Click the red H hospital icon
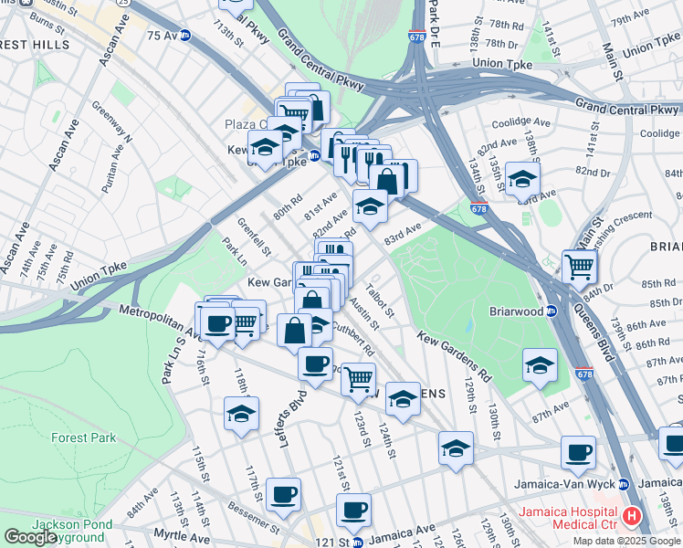pyautogui.click(x=631, y=518)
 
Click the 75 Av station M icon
pyautogui.click(x=185, y=36)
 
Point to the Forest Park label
pyautogui.click(x=83, y=437)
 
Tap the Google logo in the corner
pyautogui.click(x=31, y=537)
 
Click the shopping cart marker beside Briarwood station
pyautogui.click(x=579, y=268)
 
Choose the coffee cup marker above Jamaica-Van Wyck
pyautogui.click(x=578, y=452)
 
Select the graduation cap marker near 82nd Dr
pyautogui.click(x=522, y=180)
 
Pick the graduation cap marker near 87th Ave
pyautogui.click(x=540, y=365)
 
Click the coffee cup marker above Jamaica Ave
pyautogui.click(x=353, y=511)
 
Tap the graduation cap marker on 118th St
pyautogui.click(x=241, y=413)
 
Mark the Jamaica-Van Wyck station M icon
pyautogui.click(x=624, y=484)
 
